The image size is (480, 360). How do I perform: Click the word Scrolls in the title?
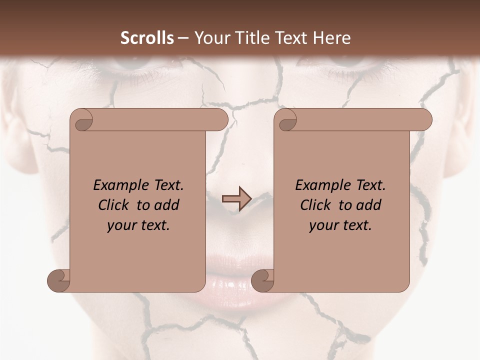coord(147,38)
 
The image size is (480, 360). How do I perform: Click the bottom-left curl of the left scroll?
coord(59,280)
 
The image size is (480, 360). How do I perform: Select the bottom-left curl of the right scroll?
coord(262,280)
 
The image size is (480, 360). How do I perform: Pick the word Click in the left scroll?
coord(114,205)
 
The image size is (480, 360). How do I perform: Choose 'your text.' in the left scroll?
coord(138,225)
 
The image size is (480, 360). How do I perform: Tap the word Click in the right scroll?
coord(315,205)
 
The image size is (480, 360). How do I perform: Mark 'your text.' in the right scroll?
coord(340,225)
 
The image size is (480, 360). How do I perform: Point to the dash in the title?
coord(183,38)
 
